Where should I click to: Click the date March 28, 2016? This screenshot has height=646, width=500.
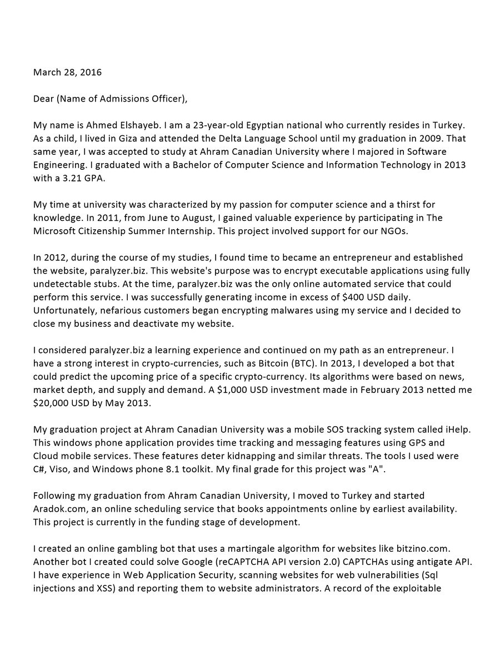pos(67,72)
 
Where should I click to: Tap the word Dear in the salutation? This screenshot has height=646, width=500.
pos(43,99)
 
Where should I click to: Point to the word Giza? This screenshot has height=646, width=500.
pos(115,139)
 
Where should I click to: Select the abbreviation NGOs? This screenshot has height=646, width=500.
pos(392,231)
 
